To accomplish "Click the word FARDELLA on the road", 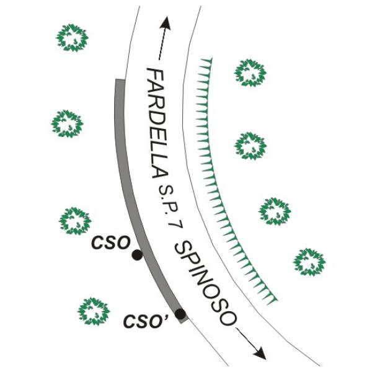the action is (x=157, y=123).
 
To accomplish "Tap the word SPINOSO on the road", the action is (x=205, y=283).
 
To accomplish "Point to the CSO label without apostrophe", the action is (x=111, y=242).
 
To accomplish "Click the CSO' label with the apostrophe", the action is (x=146, y=321).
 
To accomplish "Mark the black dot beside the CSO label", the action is (x=137, y=255).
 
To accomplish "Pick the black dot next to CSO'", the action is (x=180, y=314).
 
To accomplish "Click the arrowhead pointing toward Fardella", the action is (x=166, y=23).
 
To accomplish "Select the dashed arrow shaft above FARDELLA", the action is (x=161, y=44).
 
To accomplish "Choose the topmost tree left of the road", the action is (x=72, y=38).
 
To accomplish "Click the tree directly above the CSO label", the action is (x=75, y=221).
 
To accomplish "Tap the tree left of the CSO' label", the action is (x=94, y=311).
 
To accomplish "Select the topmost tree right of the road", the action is (x=250, y=73).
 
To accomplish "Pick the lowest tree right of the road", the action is (x=309, y=262).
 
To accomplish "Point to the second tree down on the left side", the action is (x=68, y=123).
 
